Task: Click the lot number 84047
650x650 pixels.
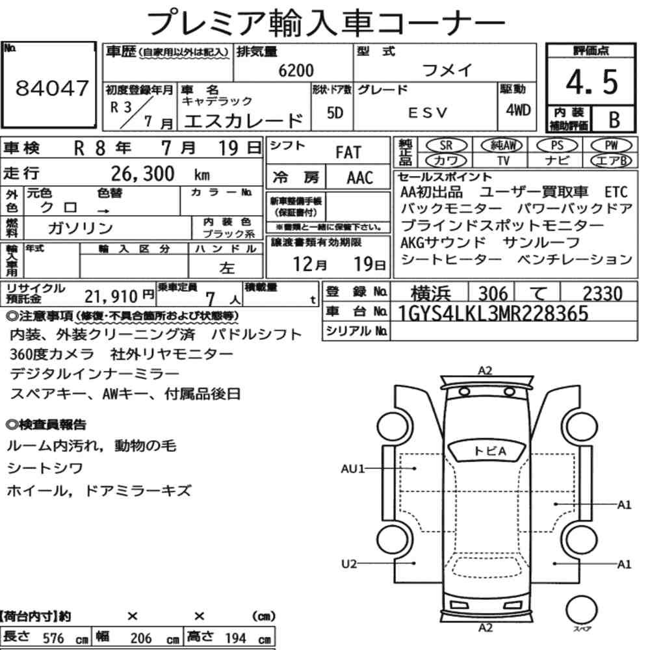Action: [52, 88]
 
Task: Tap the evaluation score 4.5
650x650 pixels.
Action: [591, 82]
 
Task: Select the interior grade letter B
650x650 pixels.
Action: [614, 120]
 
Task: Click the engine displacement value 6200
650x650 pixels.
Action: [296, 70]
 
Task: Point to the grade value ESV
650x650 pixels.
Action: [428, 112]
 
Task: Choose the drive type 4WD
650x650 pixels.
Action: [518, 110]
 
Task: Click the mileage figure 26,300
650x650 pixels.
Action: [142, 174]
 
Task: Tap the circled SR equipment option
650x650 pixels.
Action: [447, 146]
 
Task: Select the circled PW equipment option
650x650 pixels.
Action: [611, 146]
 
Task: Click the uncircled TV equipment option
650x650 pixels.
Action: [503, 161]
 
